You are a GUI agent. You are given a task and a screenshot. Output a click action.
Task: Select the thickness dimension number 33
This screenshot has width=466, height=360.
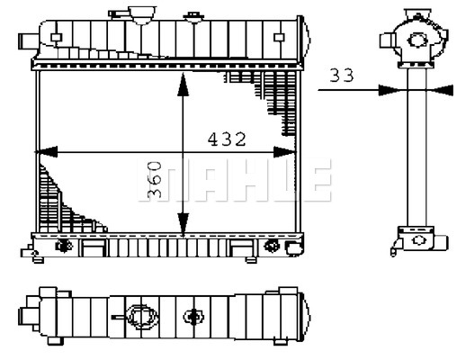340,76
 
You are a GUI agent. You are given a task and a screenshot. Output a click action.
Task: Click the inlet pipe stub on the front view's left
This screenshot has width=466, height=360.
27,40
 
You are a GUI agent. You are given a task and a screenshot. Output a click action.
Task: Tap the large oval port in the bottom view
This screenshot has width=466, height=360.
139,316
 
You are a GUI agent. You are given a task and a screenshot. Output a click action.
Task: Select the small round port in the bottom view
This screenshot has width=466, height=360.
192,316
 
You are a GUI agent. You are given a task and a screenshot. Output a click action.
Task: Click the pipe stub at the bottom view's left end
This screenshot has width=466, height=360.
27,315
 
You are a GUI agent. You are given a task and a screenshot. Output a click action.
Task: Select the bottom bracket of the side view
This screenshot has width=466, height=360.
416,241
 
